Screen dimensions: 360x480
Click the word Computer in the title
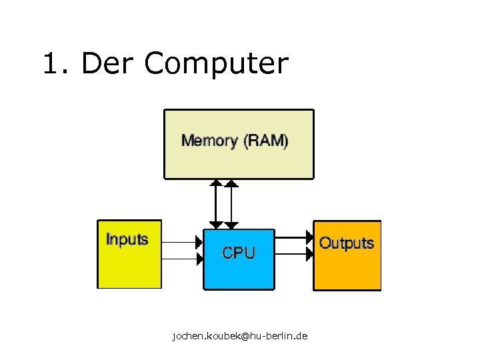pos(216,64)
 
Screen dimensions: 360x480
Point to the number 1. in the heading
pos(57,64)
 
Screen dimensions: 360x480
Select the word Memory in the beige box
pos(209,141)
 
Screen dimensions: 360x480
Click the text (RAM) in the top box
pos(265,141)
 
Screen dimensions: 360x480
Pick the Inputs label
pos(127,239)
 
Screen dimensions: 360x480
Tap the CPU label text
pos(238,253)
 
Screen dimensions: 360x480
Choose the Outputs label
pos(347,243)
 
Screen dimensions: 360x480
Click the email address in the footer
pos(239,336)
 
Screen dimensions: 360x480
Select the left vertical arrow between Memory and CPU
pos(215,204)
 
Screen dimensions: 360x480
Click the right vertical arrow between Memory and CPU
pos(231,204)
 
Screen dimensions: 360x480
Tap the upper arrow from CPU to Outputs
pos(293,237)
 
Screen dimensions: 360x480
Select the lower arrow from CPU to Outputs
pos(293,253)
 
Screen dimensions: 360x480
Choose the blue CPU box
pos(238,273)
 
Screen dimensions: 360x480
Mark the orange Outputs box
pos(347,270)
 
